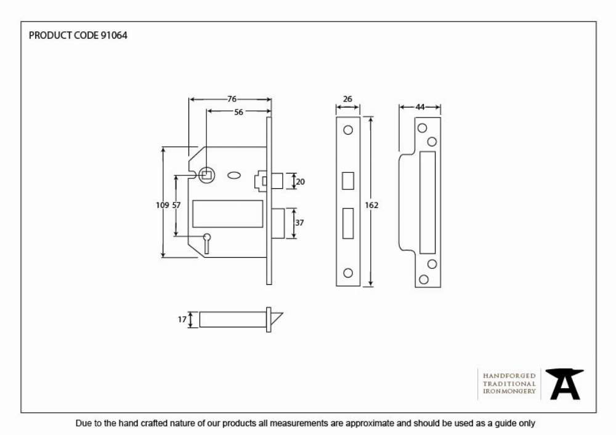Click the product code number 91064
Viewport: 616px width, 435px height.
pos(115,36)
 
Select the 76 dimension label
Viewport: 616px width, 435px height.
pos(232,99)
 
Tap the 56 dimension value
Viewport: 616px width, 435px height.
pos(238,112)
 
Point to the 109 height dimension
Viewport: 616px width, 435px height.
pos(162,205)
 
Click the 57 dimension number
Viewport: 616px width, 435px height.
pos(176,205)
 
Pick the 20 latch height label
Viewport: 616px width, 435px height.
pos(300,182)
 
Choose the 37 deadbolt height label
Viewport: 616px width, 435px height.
pos(299,223)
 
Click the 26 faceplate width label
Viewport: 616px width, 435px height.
pos(347,99)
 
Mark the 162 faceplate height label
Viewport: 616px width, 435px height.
pos(371,205)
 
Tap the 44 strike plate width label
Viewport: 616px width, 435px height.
pos(420,107)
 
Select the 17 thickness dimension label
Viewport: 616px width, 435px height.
pos(182,320)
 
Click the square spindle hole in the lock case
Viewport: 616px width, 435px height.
pos(206,175)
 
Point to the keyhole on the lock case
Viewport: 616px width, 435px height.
pos(206,243)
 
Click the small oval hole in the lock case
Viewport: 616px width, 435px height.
pos(234,175)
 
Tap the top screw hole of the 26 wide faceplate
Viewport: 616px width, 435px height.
pos(348,130)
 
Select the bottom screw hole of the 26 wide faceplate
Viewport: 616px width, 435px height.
pos(348,273)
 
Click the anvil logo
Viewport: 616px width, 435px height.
pos(564,384)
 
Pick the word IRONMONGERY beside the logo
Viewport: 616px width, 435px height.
pos(509,391)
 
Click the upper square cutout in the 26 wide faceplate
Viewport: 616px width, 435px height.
pos(348,181)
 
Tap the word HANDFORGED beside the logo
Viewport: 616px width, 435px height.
pos(509,376)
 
